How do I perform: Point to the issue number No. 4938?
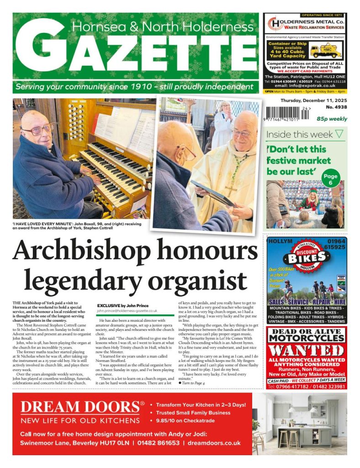[x=336, y=107]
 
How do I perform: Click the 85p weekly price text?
[x=332, y=119]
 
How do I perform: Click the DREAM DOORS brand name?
[x=80, y=407]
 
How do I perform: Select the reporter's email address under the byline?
[x=127, y=310]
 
